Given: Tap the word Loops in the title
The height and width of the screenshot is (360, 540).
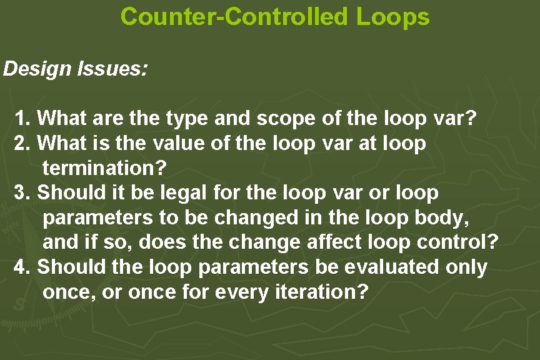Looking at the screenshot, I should tap(393, 17).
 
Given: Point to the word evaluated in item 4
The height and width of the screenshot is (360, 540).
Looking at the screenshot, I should tap(392, 267).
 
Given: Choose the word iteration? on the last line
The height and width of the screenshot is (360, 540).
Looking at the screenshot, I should tap(320, 292).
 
